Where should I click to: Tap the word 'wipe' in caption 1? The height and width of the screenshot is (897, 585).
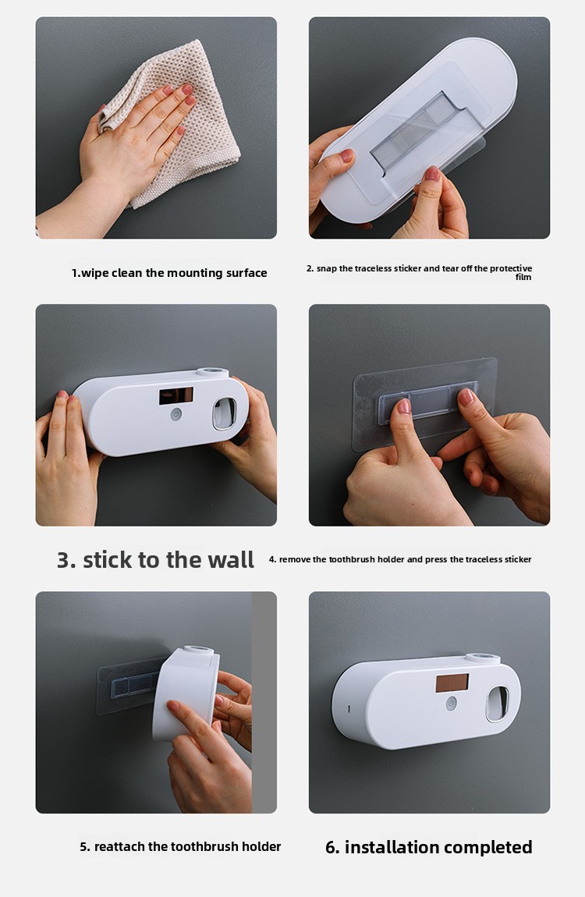pos(94,274)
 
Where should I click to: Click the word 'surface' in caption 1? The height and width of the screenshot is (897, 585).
pos(246,273)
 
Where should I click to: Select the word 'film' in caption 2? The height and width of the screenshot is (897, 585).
pos(523,277)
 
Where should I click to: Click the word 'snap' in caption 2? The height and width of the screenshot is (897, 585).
pos(327,269)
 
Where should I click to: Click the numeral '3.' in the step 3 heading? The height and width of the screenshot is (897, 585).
pos(66,560)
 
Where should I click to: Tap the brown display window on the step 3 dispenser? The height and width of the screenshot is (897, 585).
pos(176,395)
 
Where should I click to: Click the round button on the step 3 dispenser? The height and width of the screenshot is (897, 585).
pos(176,413)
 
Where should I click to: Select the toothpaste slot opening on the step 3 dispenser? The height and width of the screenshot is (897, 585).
pos(224,413)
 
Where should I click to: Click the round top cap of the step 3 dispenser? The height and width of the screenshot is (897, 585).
pos(213,372)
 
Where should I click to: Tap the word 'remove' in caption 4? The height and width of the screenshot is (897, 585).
pos(295,559)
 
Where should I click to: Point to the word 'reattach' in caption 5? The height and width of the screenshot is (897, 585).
pos(119,846)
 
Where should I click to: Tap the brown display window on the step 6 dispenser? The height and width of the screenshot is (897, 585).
pos(452,683)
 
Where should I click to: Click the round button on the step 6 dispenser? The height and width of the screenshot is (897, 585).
pos(451,703)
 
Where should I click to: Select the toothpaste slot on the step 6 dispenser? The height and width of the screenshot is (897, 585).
pos(497,704)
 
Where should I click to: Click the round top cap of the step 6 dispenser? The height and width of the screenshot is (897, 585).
pos(481,658)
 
